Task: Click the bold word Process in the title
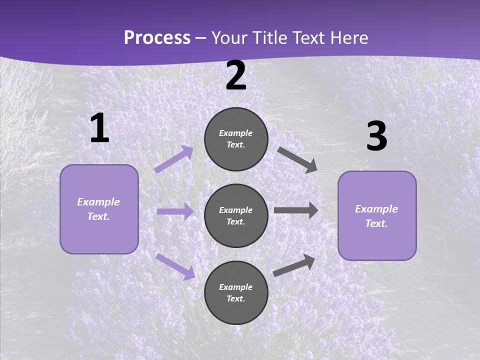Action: click(x=157, y=37)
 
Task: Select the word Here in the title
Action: click(x=349, y=37)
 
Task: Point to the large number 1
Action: click(x=99, y=128)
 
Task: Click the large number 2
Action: click(x=236, y=75)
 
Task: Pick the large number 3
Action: click(x=376, y=136)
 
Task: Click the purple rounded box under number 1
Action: click(x=99, y=209)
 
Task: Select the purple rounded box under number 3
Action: click(x=377, y=215)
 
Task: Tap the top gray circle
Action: click(x=236, y=139)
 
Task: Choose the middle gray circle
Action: click(x=236, y=215)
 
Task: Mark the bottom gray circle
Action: click(x=236, y=292)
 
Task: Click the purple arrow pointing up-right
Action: click(x=174, y=159)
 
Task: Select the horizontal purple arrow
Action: click(x=175, y=211)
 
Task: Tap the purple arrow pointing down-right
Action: click(x=175, y=266)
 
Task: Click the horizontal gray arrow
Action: click(x=296, y=210)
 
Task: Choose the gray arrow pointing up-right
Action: click(x=294, y=264)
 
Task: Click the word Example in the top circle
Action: click(x=236, y=133)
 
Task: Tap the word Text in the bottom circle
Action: click(x=235, y=298)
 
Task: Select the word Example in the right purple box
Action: click(x=376, y=209)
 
